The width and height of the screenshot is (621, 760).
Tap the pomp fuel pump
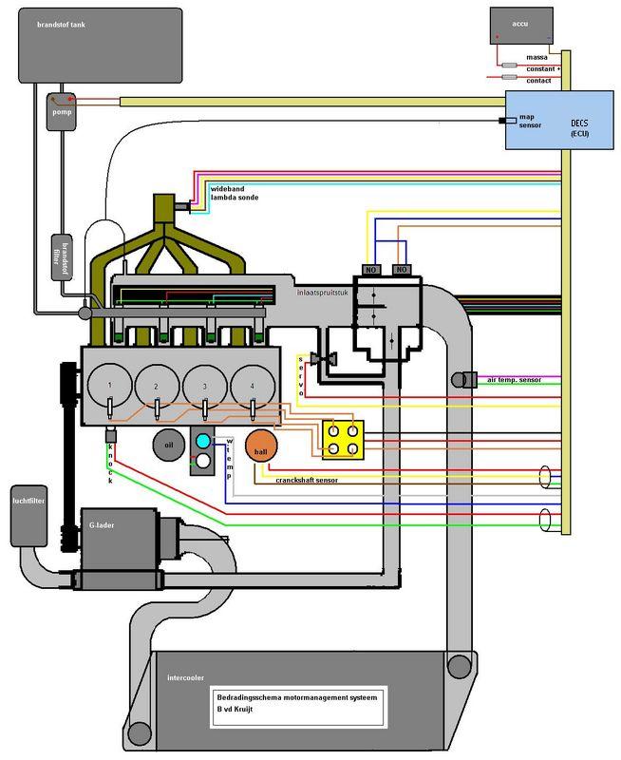click(60, 110)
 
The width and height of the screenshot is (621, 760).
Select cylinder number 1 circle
click(110, 386)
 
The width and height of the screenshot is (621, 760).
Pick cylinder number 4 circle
click(252, 386)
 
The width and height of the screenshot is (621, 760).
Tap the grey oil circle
click(168, 445)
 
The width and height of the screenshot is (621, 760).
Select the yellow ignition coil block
click(343, 438)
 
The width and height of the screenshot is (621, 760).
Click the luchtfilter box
click(28, 518)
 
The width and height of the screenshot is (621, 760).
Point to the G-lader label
click(102, 523)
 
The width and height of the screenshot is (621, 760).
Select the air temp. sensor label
click(513, 379)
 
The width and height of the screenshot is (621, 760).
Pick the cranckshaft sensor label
click(307, 480)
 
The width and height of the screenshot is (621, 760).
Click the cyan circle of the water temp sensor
click(202, 441)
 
